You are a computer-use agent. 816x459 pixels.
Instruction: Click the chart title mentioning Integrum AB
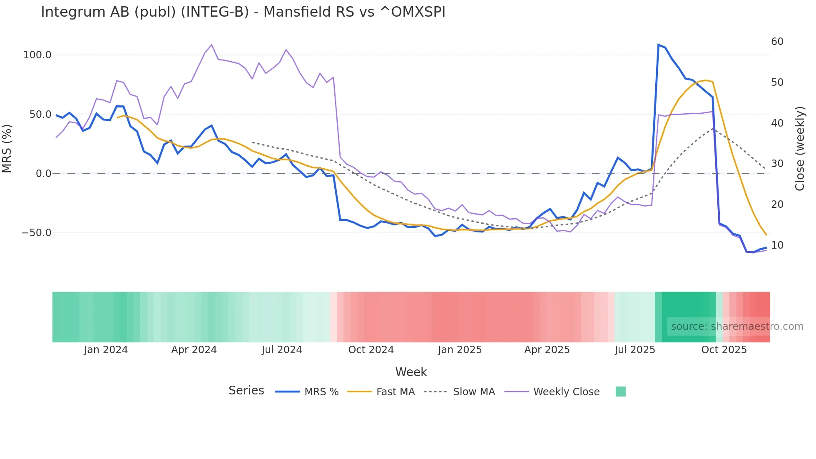[243, 12]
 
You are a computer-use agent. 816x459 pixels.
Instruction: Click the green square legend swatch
[620, 392]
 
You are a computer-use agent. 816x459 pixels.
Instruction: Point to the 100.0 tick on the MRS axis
[37, 55]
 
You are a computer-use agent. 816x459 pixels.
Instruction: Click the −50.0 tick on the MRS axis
[37, 233]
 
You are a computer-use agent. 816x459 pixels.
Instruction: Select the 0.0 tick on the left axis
[44, 174]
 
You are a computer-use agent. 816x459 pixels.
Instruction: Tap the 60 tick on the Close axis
[777, 42]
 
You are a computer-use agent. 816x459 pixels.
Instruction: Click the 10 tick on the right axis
[777, 245]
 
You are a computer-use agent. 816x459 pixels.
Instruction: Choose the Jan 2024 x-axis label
[106, 350]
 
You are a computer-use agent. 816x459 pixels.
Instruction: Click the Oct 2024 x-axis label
[371, 350]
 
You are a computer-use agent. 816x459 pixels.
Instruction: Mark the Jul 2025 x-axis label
[635, 350]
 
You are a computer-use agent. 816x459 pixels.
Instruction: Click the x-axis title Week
[411, 372]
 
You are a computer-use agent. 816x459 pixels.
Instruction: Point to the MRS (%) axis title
[7, 148]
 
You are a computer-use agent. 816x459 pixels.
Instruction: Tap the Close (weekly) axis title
[800, 149]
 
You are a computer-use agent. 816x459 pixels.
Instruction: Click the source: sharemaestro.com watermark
[737, 327]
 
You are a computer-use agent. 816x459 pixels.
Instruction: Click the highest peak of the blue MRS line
[658, 45]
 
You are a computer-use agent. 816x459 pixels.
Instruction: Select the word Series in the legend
[246, 391]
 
